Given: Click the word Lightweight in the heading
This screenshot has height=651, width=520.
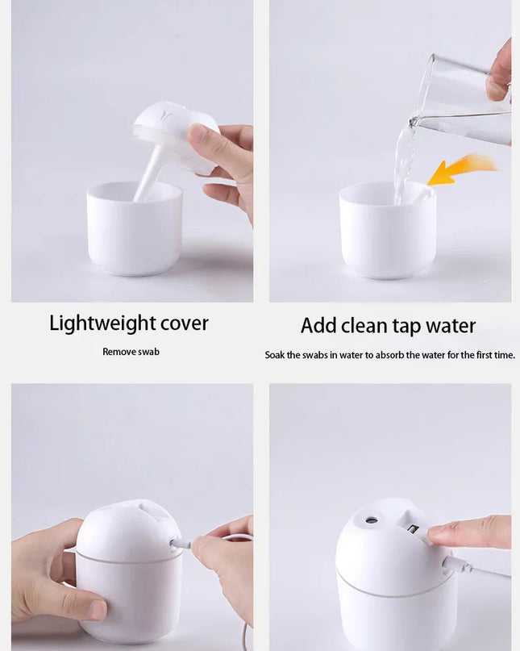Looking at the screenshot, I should pyautogui.click(x=102, y=323).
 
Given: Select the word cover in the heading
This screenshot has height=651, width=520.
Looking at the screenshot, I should pyautogui.click(x=184, y=323).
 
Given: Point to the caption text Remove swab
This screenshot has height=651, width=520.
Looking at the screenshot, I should pyautogui.click(x=131, y=352).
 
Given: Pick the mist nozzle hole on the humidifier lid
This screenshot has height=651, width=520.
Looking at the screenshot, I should pyautogui.click(x=372, y=520).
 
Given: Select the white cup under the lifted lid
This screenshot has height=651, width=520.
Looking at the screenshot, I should pyautogui.click(x=134, y=229).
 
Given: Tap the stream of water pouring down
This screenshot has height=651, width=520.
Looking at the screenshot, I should pyautogui.click(x=401, y=161).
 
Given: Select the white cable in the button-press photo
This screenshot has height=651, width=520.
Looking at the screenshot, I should pyautogui.click(x=480, y=571).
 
